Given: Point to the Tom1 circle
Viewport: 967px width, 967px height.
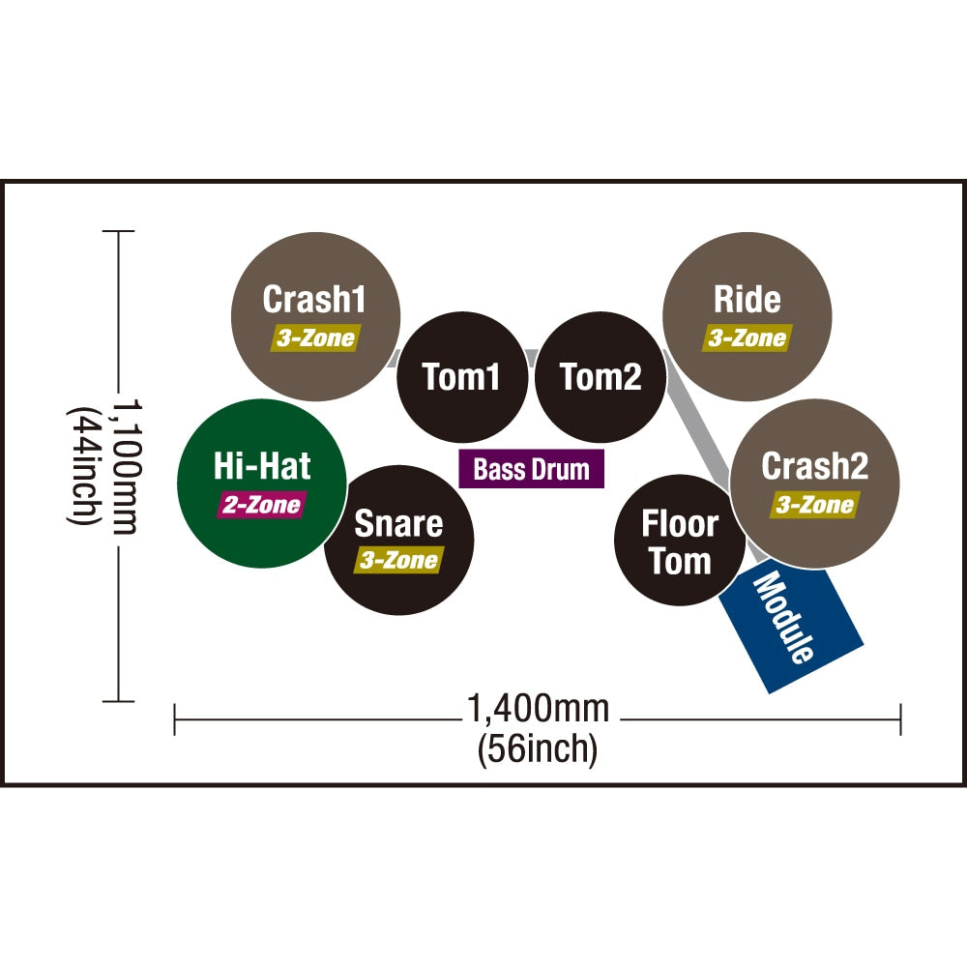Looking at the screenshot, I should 462,377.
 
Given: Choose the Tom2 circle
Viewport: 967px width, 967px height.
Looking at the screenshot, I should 601,377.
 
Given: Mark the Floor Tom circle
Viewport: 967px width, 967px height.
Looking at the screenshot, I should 680,542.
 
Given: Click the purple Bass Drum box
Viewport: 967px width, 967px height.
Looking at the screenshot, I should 531,470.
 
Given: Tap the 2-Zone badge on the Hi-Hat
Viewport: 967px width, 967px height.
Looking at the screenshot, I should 262,505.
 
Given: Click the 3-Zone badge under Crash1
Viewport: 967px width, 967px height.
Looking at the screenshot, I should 314,338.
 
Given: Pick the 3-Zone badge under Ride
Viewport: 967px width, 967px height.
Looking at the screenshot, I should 747,338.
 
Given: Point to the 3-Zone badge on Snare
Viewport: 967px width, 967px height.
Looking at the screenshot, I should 398,560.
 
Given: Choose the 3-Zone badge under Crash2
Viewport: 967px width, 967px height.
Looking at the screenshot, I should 814,505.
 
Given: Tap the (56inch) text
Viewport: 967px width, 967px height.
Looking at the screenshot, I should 538,749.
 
